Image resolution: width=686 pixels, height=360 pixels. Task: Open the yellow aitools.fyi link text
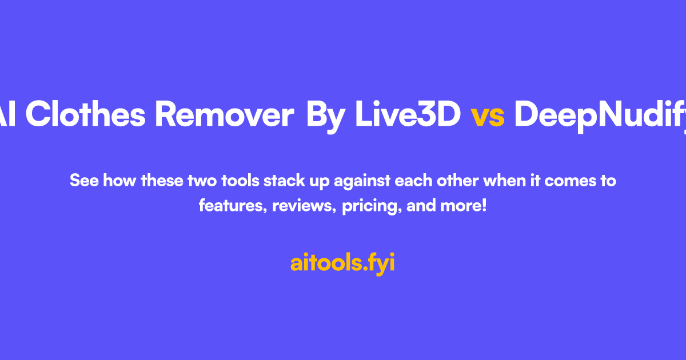(x=342, y=263)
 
